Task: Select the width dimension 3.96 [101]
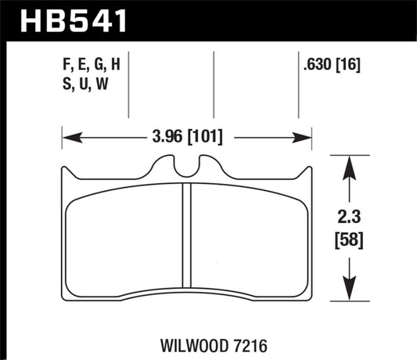tap(186, 139)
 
